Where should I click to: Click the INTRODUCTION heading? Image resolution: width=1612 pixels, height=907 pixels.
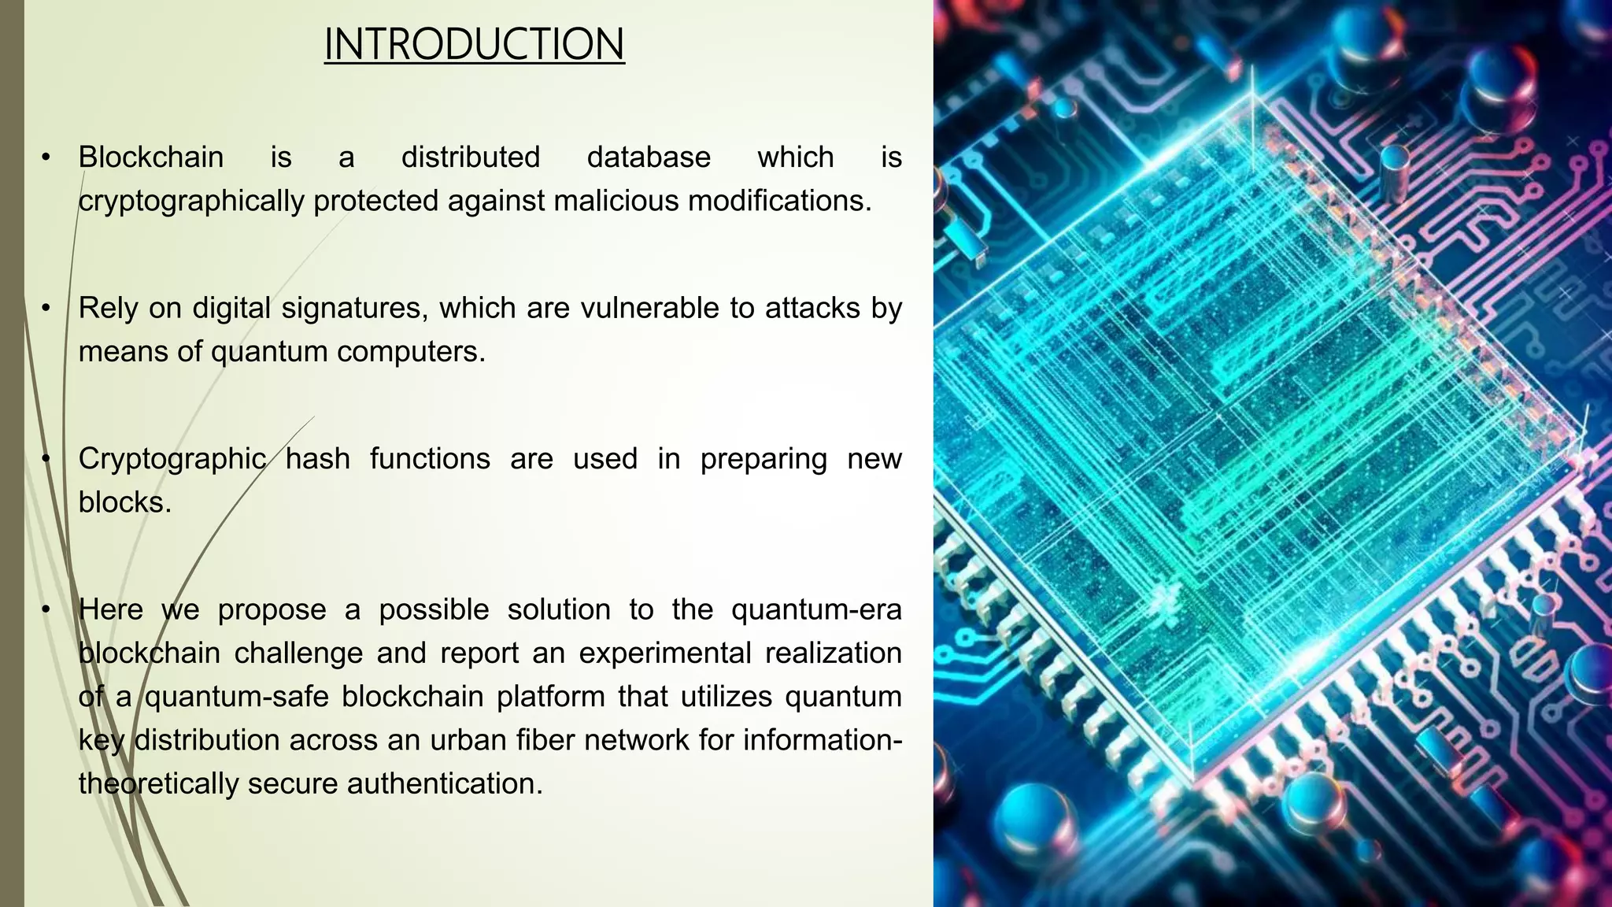[474, 44]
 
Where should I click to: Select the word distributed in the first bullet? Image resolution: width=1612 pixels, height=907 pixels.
[471, 157]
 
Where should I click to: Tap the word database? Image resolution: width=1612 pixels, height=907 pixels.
[649, 157]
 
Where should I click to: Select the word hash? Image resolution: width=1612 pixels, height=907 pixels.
[317, 458]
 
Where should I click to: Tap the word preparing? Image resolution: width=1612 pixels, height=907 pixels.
[763, 459]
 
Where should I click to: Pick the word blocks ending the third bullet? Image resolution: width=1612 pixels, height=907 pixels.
[124, 502]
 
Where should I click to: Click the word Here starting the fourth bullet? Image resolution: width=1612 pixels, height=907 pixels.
[111, 609]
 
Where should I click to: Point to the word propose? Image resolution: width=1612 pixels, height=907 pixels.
[272, 610]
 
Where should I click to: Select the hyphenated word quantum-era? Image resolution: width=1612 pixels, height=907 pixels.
[816, 610]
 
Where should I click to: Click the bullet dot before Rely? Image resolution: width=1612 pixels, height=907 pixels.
[46, 308]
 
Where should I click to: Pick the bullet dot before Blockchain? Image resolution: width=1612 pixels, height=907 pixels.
[46, 157]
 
